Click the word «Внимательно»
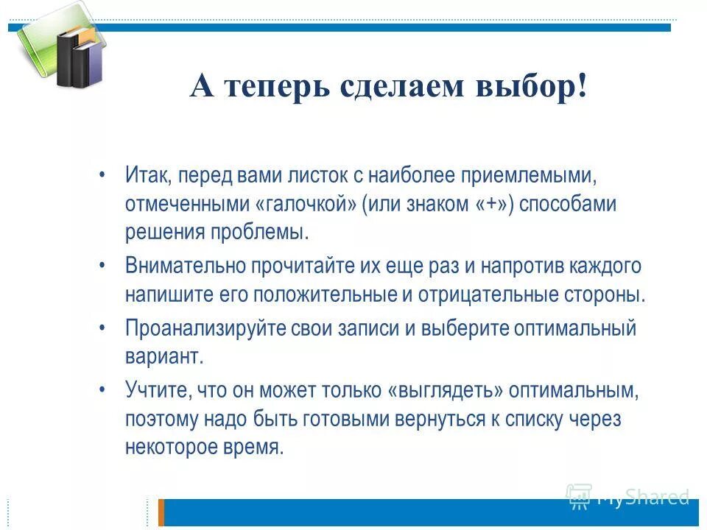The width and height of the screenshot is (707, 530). (x=185, y=266)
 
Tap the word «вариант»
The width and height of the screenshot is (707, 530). (x=161, y=357)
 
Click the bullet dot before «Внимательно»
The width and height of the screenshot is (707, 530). (x=103, y=266)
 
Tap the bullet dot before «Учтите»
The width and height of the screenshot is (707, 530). (x=103, y=390)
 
